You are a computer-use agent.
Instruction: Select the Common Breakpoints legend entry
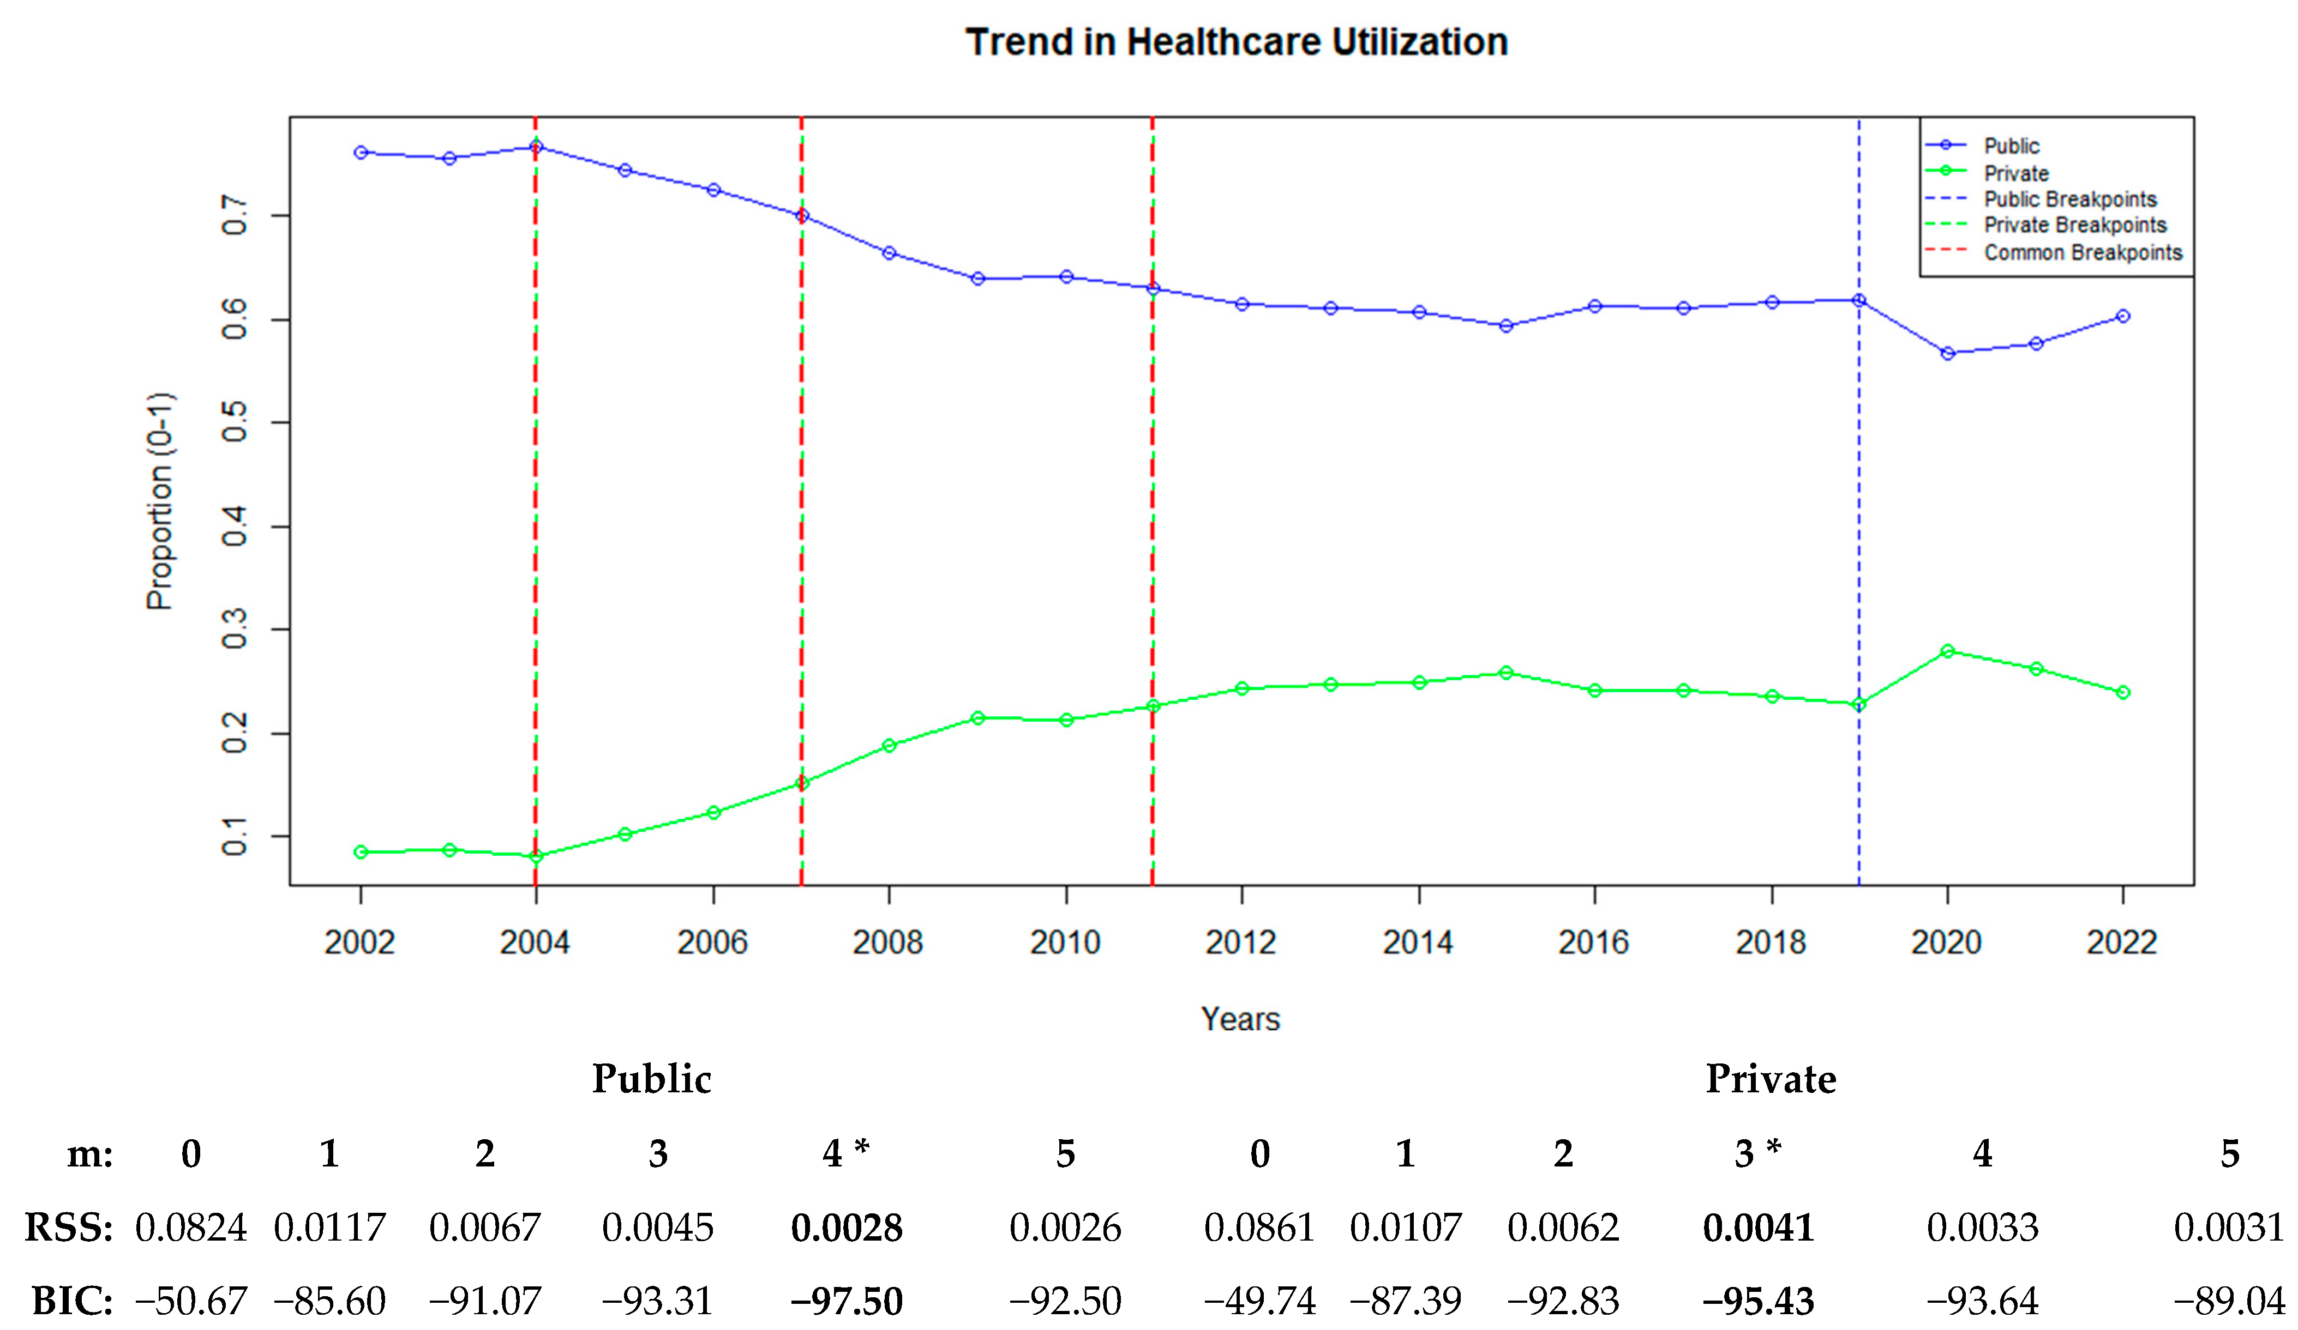(x=2083, y=252)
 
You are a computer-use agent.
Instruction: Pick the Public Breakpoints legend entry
(x=2070, y=199)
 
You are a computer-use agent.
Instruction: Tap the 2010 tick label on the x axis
(x=1065, y=942)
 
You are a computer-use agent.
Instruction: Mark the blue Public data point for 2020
(x=1948, y=353)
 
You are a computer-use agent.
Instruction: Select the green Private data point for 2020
(x=1948, y=651)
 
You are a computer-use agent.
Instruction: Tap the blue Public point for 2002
(x=361, y=152)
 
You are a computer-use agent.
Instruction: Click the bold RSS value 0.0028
(x=846, y=1228)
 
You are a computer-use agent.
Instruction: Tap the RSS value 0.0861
(x=1259, y=1228)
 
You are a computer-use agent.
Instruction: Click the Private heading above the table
(x=1771, y=1079)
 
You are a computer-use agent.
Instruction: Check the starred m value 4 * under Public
(x=844, y=1153)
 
